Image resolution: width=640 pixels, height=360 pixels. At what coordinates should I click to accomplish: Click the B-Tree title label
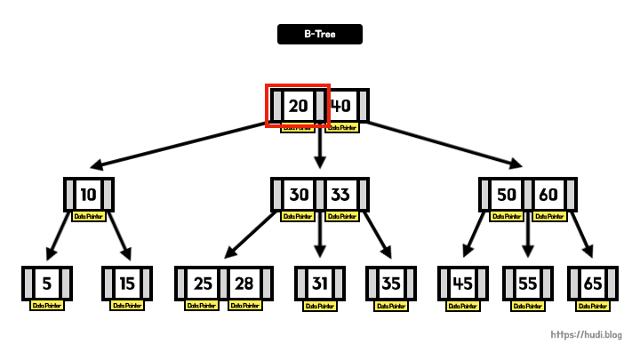coord(319,34)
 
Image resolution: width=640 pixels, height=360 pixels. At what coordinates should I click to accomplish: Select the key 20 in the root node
coord(299,106)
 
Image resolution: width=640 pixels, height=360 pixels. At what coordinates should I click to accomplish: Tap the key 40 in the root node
coord(340,106)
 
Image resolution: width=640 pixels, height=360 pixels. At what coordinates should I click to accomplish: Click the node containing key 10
coord(89,194)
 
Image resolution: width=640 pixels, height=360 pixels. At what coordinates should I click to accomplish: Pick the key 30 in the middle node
coord(299,194)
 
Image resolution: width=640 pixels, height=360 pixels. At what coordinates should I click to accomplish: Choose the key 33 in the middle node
coord(340,194)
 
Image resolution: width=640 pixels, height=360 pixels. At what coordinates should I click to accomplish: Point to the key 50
coord(507,194)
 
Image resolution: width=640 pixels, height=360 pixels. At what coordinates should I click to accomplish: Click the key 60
coord(548,194)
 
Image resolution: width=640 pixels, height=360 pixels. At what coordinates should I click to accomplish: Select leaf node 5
coord(47,284)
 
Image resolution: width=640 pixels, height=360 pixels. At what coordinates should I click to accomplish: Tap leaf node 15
coord(127,284)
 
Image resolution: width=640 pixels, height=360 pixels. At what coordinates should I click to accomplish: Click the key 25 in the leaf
coord(203,284)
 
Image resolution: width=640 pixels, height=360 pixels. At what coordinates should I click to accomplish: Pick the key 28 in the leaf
coord(244,284)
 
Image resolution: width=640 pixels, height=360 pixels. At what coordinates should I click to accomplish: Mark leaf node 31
coord(320,284)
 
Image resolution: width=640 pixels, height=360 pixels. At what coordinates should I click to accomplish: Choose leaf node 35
coord(391,284)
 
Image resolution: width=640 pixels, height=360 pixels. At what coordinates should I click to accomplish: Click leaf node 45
coord(463,284)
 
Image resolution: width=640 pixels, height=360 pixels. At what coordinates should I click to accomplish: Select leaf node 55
coord(528,284)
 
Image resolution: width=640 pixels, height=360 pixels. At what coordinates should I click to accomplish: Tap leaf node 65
coord(593,284)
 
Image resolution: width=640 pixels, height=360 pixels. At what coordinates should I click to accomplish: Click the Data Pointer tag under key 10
coord(89,216)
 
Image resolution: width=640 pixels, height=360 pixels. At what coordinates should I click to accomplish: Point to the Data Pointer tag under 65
coord(593,306)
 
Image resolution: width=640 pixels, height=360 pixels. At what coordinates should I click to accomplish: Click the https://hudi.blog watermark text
coord(587,335)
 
